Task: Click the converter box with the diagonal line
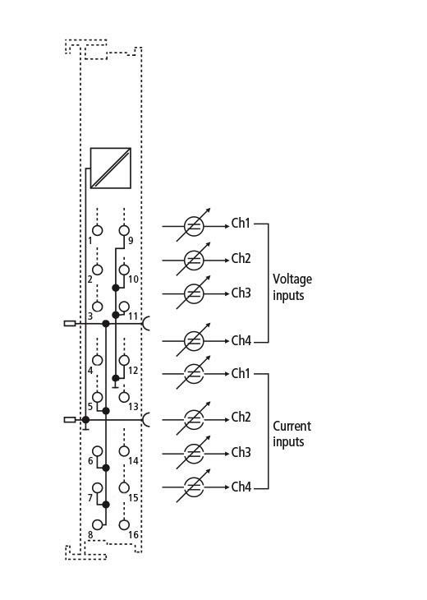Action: pos(111,168)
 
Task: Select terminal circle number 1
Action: pos(98,230)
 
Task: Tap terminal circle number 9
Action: pos(124,230)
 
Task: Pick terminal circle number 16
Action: pos(124,524)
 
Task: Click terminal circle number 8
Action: pos(98,524)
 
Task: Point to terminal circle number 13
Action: pos(124,397)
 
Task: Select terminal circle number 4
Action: pos(98,360)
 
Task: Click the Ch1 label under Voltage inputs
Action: pos(241,223)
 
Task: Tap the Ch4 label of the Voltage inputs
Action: pos(241,340)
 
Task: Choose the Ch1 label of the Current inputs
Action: pos(241,373)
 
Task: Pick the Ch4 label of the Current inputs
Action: pos(241,487)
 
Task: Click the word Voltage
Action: pos(292,279)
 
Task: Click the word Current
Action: pos(292,426)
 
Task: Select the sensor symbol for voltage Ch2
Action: pos(194,260)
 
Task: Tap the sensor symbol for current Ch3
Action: pos(194,454)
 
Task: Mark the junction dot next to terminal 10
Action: pos(116,288)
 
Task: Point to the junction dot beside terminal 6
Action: pos(106,468)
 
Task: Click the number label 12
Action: pos(133,371)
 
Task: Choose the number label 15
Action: pos(133,498)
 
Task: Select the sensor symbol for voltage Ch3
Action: pos(194,293)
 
